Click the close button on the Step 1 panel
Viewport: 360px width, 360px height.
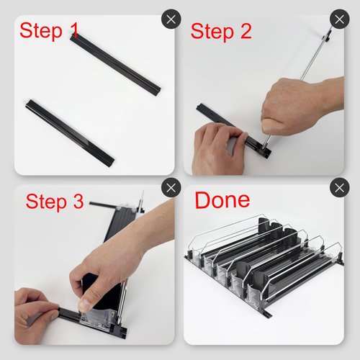[171, 19]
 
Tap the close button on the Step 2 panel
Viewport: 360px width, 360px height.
[339, 19]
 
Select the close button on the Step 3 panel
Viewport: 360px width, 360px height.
[171, 188]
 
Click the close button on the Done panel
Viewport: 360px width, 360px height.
[339, 188]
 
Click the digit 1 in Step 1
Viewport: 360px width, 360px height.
[74, 30]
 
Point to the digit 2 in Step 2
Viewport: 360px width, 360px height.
[246, 31]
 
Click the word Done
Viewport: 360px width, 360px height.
[222, 199]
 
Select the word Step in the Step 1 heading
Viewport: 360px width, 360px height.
[41, 31]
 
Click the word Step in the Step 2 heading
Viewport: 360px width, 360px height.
[212, 32]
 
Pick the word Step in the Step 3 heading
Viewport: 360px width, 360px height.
[46, 202]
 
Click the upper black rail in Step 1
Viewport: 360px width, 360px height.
[115, 64]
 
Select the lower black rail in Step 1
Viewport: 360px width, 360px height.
[70, 132]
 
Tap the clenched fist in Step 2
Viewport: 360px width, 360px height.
[300, 106]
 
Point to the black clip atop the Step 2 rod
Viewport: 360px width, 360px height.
[327, 35]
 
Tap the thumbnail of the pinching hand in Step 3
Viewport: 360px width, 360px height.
[84, 305]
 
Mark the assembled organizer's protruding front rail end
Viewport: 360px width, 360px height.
[267, 313]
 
